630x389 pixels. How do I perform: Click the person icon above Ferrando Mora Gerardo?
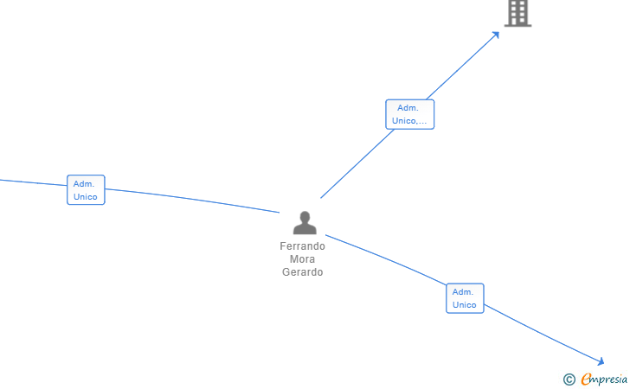point(305,224)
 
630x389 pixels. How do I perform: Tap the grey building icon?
point(517,13)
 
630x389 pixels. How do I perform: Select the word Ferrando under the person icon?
point(302,246)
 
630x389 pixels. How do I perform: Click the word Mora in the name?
point(302,259)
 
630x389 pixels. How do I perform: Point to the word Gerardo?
point(302,272)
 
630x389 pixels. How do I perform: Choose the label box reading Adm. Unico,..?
point(409,114)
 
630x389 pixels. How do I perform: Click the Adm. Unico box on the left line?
point(86,190)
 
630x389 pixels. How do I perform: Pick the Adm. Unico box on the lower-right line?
point(465,298)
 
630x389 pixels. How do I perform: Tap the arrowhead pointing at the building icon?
point(496,35)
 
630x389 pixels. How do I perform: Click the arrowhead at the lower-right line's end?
point(600,361)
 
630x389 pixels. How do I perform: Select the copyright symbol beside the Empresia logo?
point(569,379)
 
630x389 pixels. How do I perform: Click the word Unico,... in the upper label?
point(409,121)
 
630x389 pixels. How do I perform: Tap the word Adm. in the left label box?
point(84,183)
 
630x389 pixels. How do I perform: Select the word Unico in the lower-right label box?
point(465,305)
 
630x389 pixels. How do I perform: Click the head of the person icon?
point(305,217)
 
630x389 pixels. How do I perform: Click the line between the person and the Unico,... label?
point(355,164)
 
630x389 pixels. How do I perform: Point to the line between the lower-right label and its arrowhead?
point(541,334)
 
